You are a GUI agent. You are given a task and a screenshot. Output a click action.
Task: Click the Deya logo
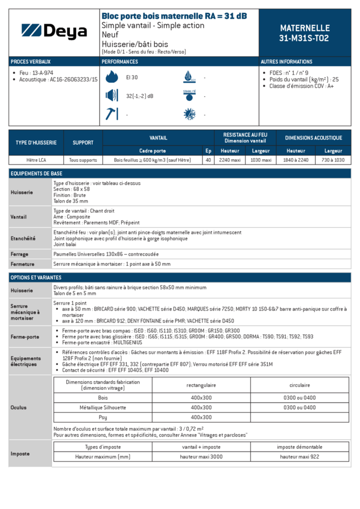[54, 32]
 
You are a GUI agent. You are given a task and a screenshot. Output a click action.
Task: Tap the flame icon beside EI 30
[111, 77]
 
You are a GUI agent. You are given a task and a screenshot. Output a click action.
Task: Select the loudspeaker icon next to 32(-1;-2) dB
[111, 95]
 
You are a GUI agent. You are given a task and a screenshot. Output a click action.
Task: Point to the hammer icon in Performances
[111, 114]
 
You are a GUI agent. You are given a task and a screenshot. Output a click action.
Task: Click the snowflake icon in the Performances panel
[189, 114]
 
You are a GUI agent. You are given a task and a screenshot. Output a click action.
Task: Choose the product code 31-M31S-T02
[304, 38]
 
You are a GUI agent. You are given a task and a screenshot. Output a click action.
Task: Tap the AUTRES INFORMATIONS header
[287, 62]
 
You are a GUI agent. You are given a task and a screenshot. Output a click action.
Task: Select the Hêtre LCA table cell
[36, 160]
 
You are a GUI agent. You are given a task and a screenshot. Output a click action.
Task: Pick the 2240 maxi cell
[230, 160]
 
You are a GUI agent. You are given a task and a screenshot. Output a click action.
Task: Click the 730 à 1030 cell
[333, 160]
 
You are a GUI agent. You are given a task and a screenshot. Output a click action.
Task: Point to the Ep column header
[208, 151]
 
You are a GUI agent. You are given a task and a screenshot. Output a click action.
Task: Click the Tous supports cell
[82, 160]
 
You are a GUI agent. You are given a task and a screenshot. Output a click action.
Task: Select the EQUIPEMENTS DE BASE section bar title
[36, 174]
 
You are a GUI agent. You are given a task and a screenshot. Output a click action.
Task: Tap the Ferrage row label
[19, 254]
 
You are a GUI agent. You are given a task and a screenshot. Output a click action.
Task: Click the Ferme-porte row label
[24, 336]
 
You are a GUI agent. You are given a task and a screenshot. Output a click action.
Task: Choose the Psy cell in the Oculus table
[103, 417]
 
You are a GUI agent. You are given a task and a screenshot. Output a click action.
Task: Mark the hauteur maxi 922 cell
[299, 457]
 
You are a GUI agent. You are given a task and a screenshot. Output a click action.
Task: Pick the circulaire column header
[299, 385]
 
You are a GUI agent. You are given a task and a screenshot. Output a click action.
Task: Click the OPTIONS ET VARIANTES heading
[36, 277]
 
